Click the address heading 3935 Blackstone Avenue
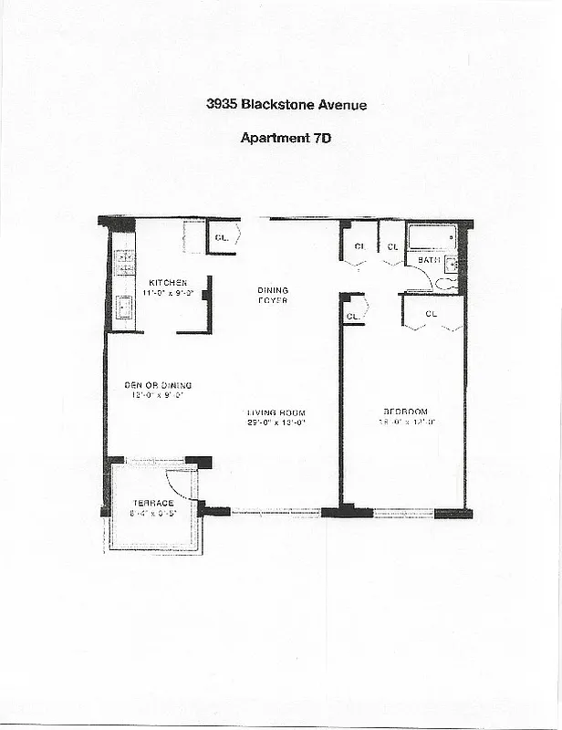(x=286, y=105)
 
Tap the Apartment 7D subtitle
(x=286, y=139)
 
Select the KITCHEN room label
(x=168, y=283)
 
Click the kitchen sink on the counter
(x=123, y=308)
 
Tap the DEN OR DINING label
(x=158, y=385)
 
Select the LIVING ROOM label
(x=276, y=412)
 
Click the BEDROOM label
(x=405, y=412)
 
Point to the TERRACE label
(x=153, y=504)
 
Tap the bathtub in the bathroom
(x=432, y=238)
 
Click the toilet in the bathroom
(x=447, y=284)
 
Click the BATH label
(x=429, y=261)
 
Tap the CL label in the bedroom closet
(x=432, y=315)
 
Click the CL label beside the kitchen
(x=221, y=238)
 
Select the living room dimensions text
(x=276, y=422)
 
